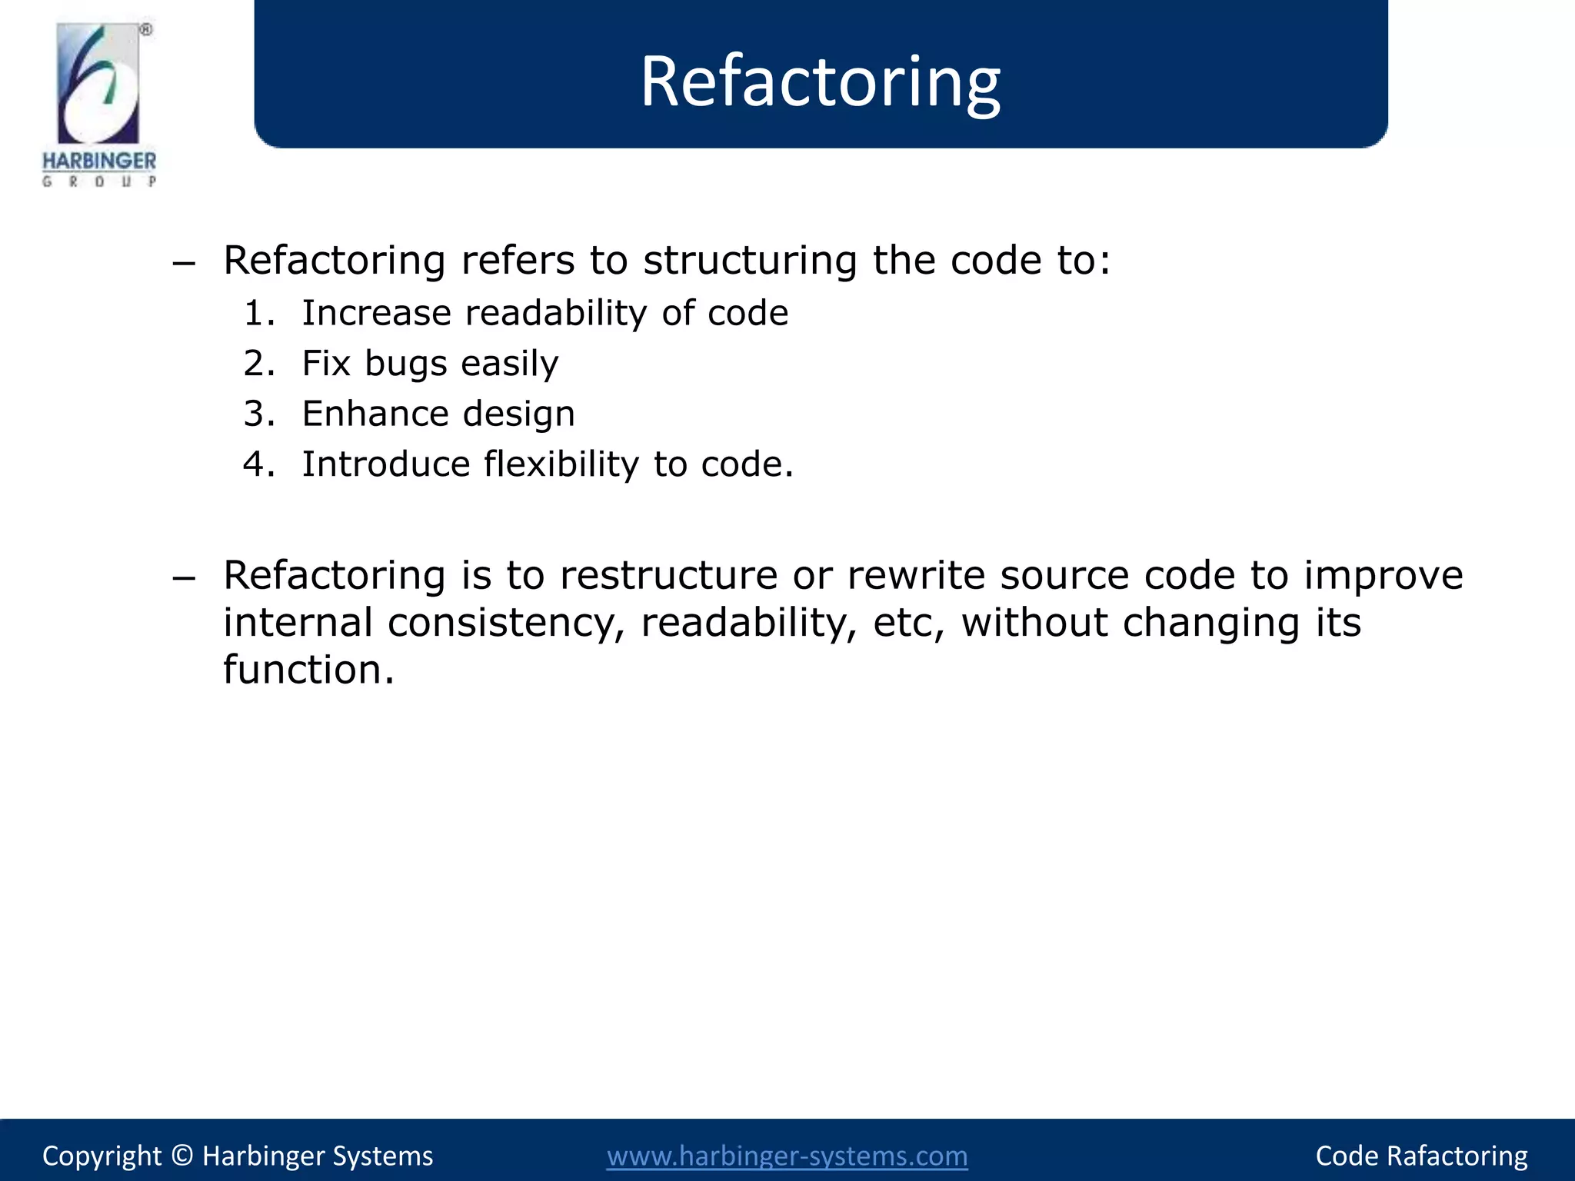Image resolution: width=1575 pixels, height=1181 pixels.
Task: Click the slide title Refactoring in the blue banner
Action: pyautogui.click(x=820, y=82)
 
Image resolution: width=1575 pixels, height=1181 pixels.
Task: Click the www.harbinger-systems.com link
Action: pyautogui.click(x=787, y=1156)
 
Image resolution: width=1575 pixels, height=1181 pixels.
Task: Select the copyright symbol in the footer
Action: pyautogui.click(x=181, y=1156)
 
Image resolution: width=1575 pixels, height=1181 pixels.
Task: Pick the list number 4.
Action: pyautogui.click(x=258, y=464)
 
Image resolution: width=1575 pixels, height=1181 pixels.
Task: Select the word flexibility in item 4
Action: pyautogui.click(x=561, y=464)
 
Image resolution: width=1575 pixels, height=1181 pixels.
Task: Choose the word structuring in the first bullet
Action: pyautogui.click(x=750, y=261)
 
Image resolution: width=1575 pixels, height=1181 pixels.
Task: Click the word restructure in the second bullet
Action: pyautogui.click(x=668, y=575)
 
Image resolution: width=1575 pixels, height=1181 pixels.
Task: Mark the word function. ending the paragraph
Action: pyautogui.click(x=308, y=670)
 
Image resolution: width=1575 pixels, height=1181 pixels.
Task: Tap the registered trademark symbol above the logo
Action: pyautogui.click(x=145, y=30)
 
